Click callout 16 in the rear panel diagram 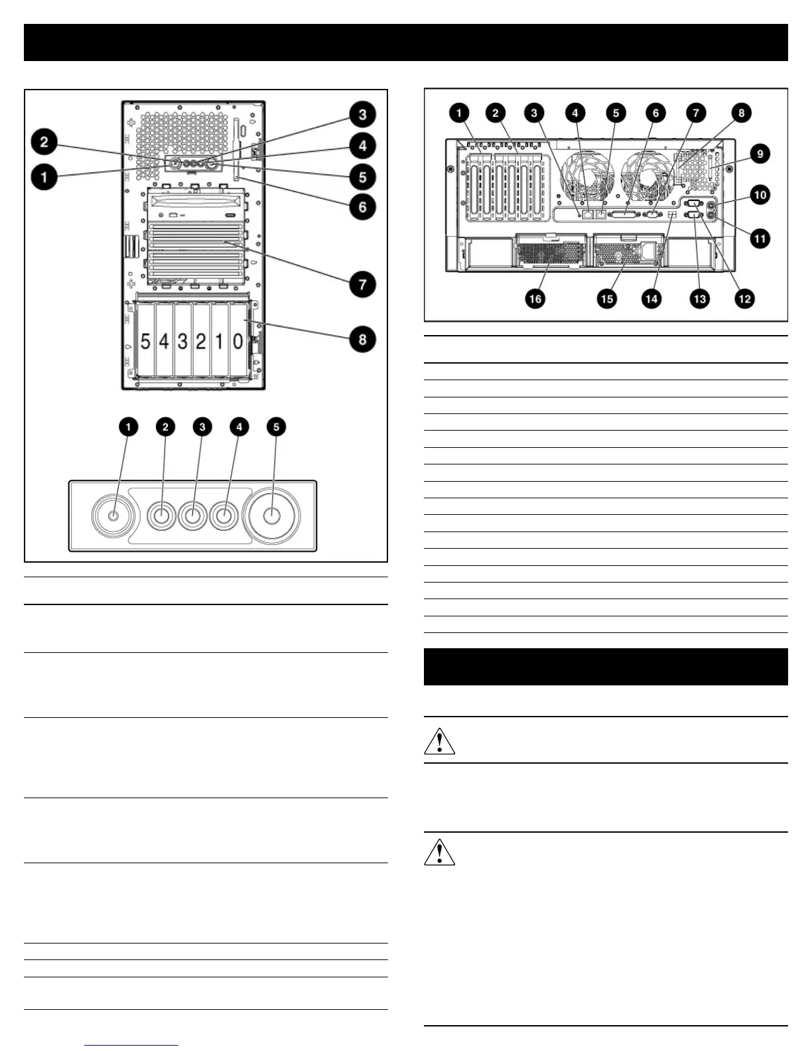pyautogui.click(x=535, y=299)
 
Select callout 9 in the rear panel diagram pyautogui.click(x=760, y=154)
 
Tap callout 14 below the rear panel pyautogui.click(x=651, y=299)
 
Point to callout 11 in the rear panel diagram pyautogui.click(x=760, y=238)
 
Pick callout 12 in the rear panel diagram pyautogui.click(x=745, y=299)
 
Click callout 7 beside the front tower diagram pyautogui.click(x=363, y=285)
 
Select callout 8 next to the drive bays pyautogui.click(x=363, y=340)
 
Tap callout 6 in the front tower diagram pyautogui.click(x=363, y=206)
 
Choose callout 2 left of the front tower pyautogui.click(x=44, y=142)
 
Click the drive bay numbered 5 pyautogui.click(x=145, y=342)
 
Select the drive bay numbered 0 pyautogui.click(x=237, y=342)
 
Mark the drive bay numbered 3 pyautogui.click(x=182, y=342)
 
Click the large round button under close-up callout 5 pyautogui.click(x=272, y=516)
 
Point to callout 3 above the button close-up pyautogui.click(x=202, y=427)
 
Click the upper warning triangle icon pyautogui.click(x=439, y=741)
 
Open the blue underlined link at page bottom pyautogui.click(x=131, y=1045)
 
